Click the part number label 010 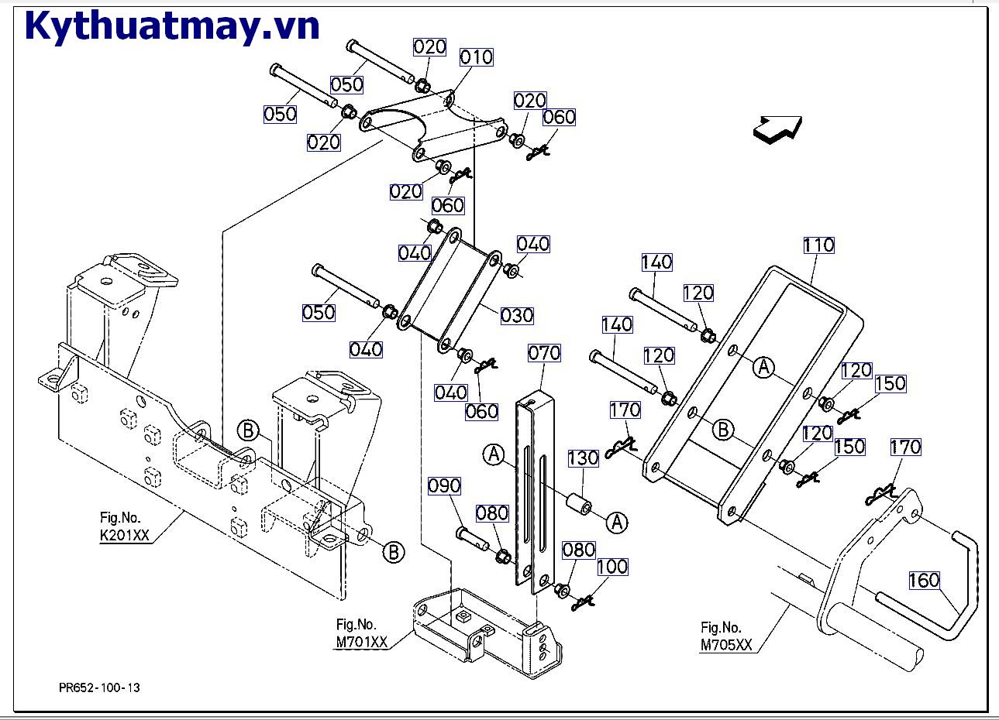click(x=476, y=57)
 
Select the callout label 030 click(x=516, y=315)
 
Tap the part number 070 click(x=543, y=353)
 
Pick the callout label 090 click(x=444, y=485)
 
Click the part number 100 click(x=611, y=567)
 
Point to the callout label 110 click(x=818, y=245)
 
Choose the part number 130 click(x=583, y=458)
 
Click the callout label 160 click(x=924, y=580)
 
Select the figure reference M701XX click(x=361, y=641)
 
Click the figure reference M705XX click(x=726, y=645)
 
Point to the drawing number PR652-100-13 click(x=99, y=687)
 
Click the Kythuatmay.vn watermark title click(x=172, y=26)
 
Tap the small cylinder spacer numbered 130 click(x=578, y=506)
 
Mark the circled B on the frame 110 click(x=722, y=429)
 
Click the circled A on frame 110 click(x=764, y=367)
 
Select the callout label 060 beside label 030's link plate click(x=481, y=410)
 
